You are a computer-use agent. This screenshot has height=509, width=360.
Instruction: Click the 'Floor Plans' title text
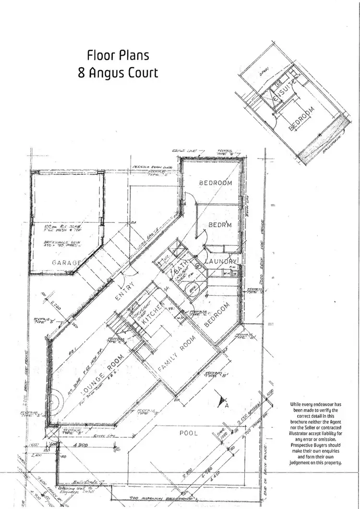[118, 55]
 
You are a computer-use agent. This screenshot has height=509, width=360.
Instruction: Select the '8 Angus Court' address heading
[118, 73]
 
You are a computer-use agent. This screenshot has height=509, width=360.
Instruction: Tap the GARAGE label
[66, 263]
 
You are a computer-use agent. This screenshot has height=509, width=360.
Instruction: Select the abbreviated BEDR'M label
[220, 225]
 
